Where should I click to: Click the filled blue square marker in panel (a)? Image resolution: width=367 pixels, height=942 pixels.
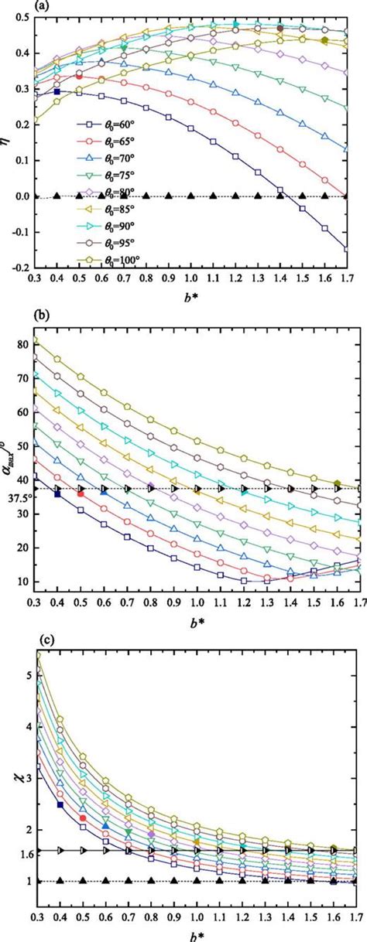(x=57, y=92)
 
